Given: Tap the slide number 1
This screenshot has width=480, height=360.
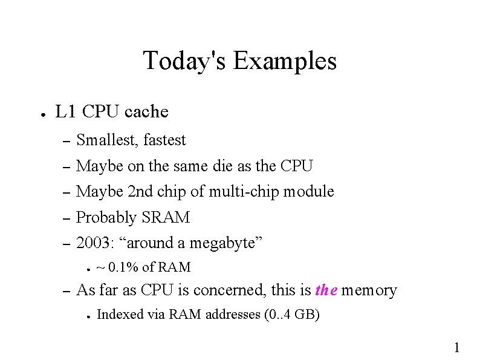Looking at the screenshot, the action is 457,347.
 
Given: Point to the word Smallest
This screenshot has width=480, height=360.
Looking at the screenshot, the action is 108,140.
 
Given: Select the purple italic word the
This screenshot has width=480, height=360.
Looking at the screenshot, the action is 326,291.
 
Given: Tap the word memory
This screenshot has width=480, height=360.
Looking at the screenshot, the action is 369,291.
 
